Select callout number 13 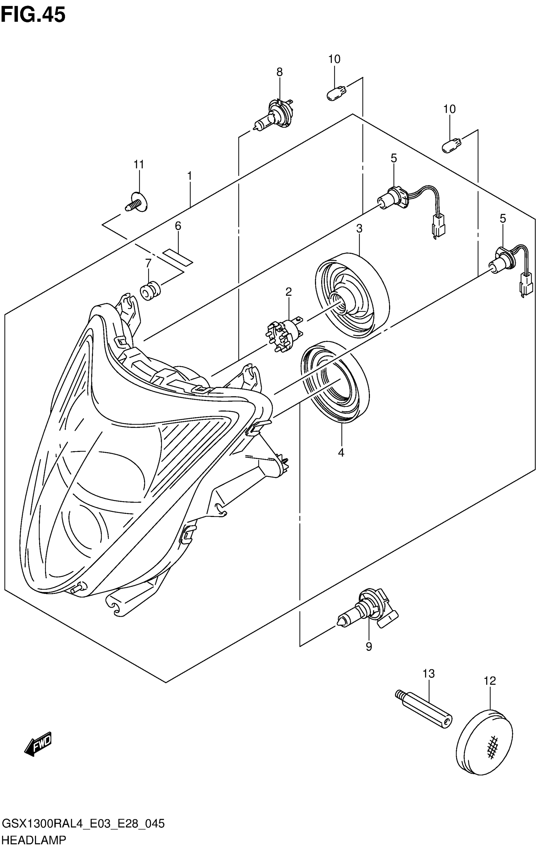429,674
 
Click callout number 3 359,229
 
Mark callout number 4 341,453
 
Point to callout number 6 178,226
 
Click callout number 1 189,176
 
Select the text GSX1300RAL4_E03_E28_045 83,824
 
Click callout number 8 279,72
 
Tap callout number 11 139,164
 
